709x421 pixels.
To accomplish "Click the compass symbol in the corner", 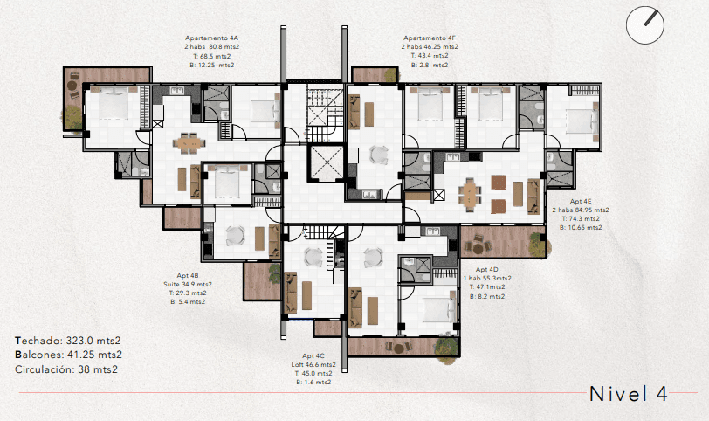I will [644, 23].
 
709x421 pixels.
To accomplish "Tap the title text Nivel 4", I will [629, 394].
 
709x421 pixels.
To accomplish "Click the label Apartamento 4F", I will [429, 38].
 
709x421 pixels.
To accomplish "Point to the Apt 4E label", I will [581, 202].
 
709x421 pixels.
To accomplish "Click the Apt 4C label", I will [313, 356].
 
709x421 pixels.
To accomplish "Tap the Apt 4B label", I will [188, 275].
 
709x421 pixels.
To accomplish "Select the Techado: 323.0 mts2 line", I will [68, 340].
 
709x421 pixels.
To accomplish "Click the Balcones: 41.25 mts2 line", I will [69, 355].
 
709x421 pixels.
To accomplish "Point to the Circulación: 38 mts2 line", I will [66, 369].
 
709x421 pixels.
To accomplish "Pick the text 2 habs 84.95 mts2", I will [581, 210].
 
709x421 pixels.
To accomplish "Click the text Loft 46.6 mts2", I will [313, 365].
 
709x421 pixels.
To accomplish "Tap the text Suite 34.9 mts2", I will [188, 284].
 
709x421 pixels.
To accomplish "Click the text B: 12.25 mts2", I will [211, 65].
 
